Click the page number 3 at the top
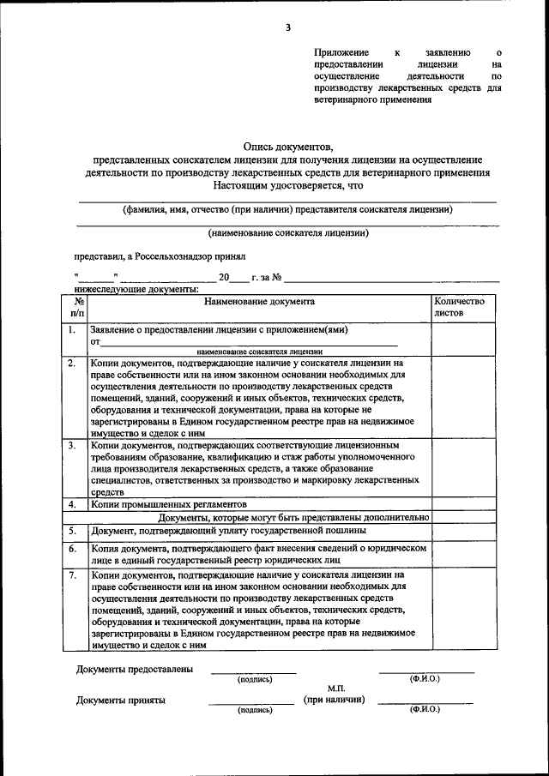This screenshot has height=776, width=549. pyautogui.click(x=288, y=27)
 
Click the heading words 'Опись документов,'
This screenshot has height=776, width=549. pyautogui.click(x=287, y=147)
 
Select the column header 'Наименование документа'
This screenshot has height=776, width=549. pyautogui.click(x=259, y=302)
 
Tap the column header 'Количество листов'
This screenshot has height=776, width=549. pyautogui.click(x=459, y=307)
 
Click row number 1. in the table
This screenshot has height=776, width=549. pyautogui.click(x=74, y=329)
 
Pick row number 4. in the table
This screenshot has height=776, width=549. pyautogui.click(x=74, y=505)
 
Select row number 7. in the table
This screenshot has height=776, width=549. pyautogui.click(x=74, y=574)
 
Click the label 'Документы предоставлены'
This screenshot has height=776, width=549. pyautogui.click(x=134, y=669)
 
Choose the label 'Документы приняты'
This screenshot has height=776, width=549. pyautogui.click(x=121, y=700)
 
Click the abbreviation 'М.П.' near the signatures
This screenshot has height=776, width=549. pyautogui.click(x=335, y=689)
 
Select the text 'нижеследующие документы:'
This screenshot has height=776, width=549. pyautogui.click(x=125, y=291)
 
